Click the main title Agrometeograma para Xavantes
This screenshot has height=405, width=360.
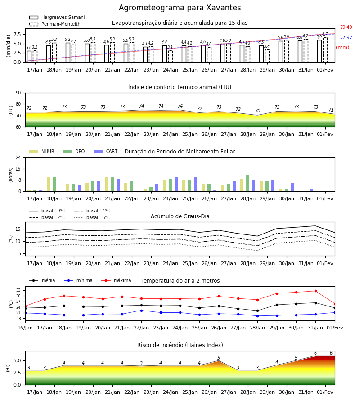pos(180,8)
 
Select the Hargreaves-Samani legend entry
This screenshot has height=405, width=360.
pos(57,17)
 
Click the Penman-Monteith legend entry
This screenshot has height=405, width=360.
pos(55,24)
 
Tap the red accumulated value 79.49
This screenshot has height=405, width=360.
pos(346,27)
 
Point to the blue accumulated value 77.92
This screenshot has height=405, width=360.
pos(346,37)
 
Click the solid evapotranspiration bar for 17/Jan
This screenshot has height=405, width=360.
pos(29,57)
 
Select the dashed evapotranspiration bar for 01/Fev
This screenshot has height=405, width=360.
pos(325,50)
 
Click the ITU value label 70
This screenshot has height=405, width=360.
pos(257,111)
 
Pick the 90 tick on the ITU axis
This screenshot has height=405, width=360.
pos(18,93)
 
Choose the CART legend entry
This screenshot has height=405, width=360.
pos(106,151)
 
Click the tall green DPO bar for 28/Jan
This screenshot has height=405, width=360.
pos(247,184)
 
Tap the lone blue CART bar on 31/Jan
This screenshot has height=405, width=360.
pos(312,190)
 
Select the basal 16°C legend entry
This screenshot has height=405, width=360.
pos(92,217)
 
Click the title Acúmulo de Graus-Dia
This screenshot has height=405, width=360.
pos(180,216)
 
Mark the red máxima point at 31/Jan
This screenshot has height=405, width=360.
pos(315,291)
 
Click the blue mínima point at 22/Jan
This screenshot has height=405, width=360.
pos(141,310)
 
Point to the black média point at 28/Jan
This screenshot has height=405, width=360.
pos(257,310)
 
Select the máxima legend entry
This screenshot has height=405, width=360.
pos(116,280)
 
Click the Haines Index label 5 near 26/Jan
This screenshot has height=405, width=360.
pos(219,358)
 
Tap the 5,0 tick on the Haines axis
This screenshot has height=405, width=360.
pos(17,360)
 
